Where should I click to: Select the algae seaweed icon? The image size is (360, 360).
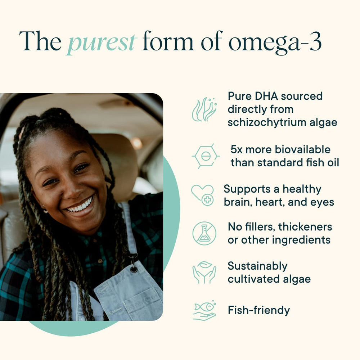click(204, 109)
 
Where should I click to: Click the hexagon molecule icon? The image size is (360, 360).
click(206, 156)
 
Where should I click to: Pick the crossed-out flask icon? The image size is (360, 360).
click(204, 233)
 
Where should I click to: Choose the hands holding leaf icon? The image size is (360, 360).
click(204, 273)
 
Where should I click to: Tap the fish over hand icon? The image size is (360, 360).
click(204, 310)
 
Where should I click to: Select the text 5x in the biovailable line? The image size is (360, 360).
click(238, 149)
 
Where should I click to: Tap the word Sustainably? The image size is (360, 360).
click(257, 266)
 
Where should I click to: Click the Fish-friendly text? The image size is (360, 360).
click(258, 310)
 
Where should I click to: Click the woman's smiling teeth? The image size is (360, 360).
click(80, 206)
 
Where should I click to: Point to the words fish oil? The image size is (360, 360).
click(319, 162)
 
